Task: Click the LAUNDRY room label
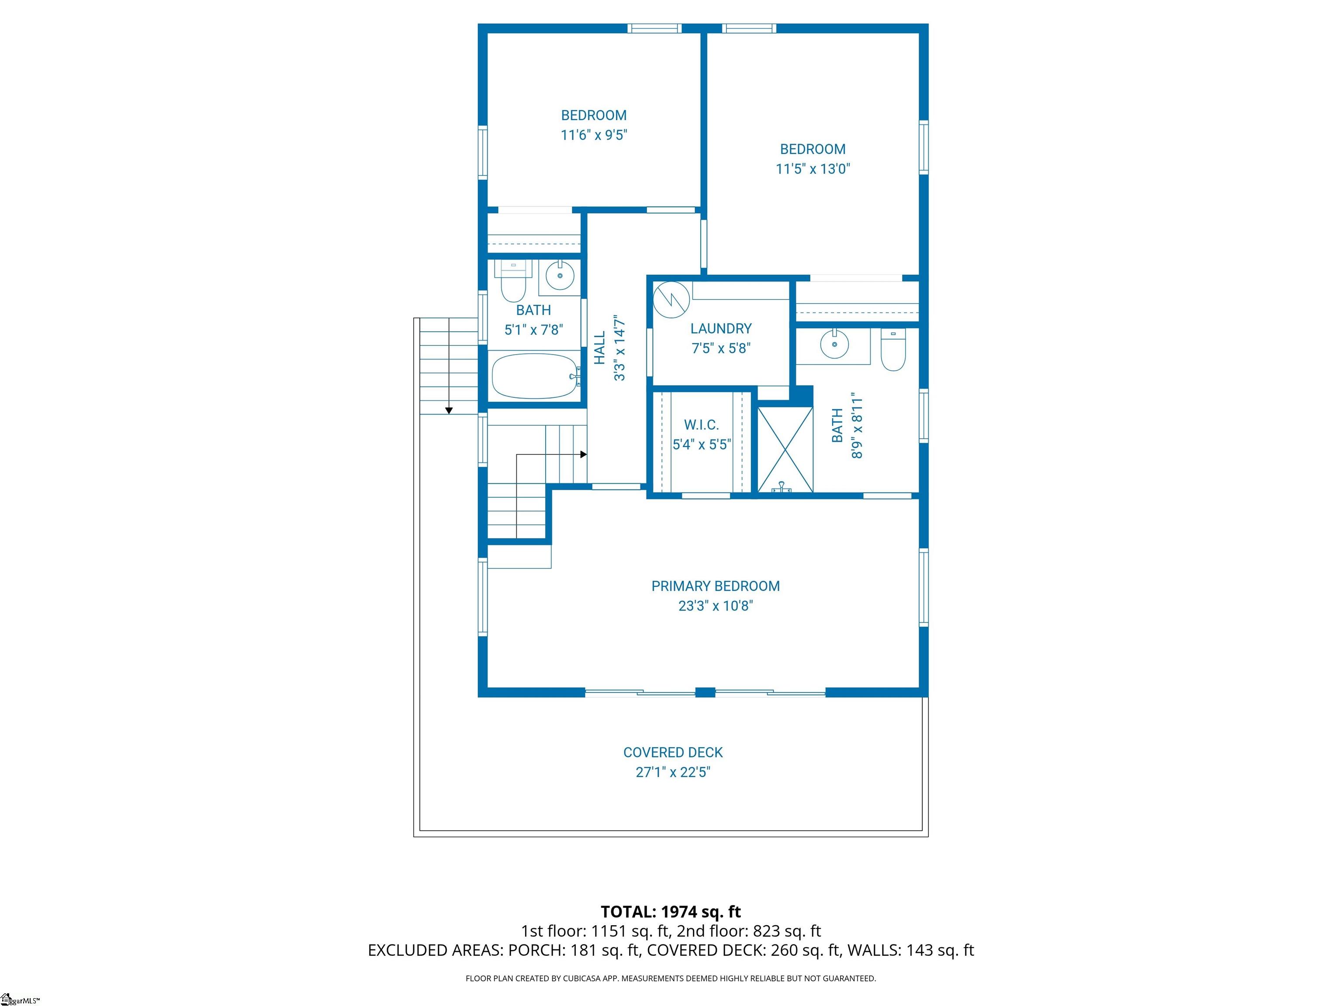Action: pos(721,329)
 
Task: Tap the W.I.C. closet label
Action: pos(701,425)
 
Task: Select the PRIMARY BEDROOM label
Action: pos(715,586)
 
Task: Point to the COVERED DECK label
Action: pos(673,752)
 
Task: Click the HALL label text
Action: pos(599,348)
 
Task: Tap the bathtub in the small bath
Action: pos(535,376)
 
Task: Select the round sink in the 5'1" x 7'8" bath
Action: pos(559,276)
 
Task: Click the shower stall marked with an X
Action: pos(785,449)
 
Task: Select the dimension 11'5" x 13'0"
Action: pos(813,169)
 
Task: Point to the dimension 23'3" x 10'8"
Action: pos(715,606)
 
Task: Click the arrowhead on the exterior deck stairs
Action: pos(449,410)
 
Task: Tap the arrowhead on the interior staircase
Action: pos(584,454)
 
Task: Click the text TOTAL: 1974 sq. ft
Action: pos(671,912)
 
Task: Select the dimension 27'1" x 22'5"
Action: pos(673,772)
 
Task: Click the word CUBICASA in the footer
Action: pos(585,978)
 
